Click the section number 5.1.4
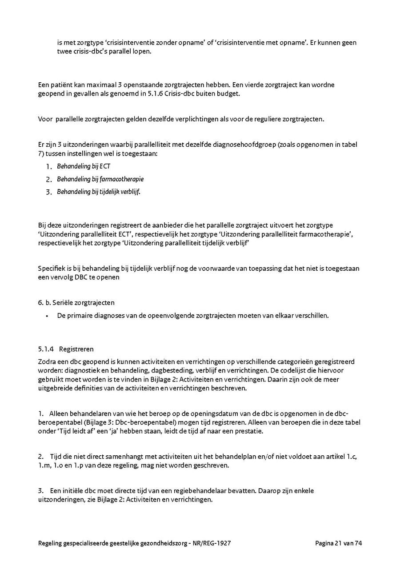tap(46, 349)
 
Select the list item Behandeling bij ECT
tap(84, 166)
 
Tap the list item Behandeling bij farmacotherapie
tap(100, 179)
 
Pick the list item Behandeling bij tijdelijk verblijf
tap(99, 192)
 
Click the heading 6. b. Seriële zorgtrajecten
tap(76, 302)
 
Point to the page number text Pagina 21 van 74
tap(339, 543)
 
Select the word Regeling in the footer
tap(51, 543)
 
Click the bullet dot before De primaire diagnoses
tap(47, 316)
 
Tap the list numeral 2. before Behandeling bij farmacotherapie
tap(49, 179)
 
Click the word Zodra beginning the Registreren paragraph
tap(48, 362)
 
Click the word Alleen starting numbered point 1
tap(60, 413)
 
